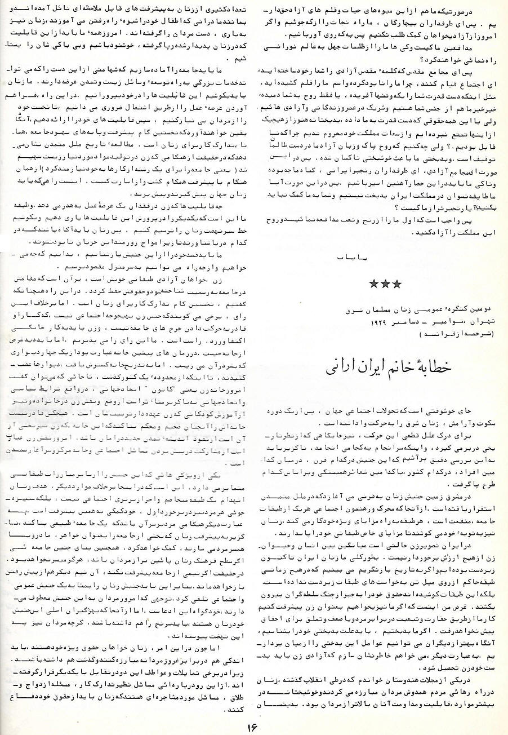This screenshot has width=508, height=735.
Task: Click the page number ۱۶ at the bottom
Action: tap(252, 724)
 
